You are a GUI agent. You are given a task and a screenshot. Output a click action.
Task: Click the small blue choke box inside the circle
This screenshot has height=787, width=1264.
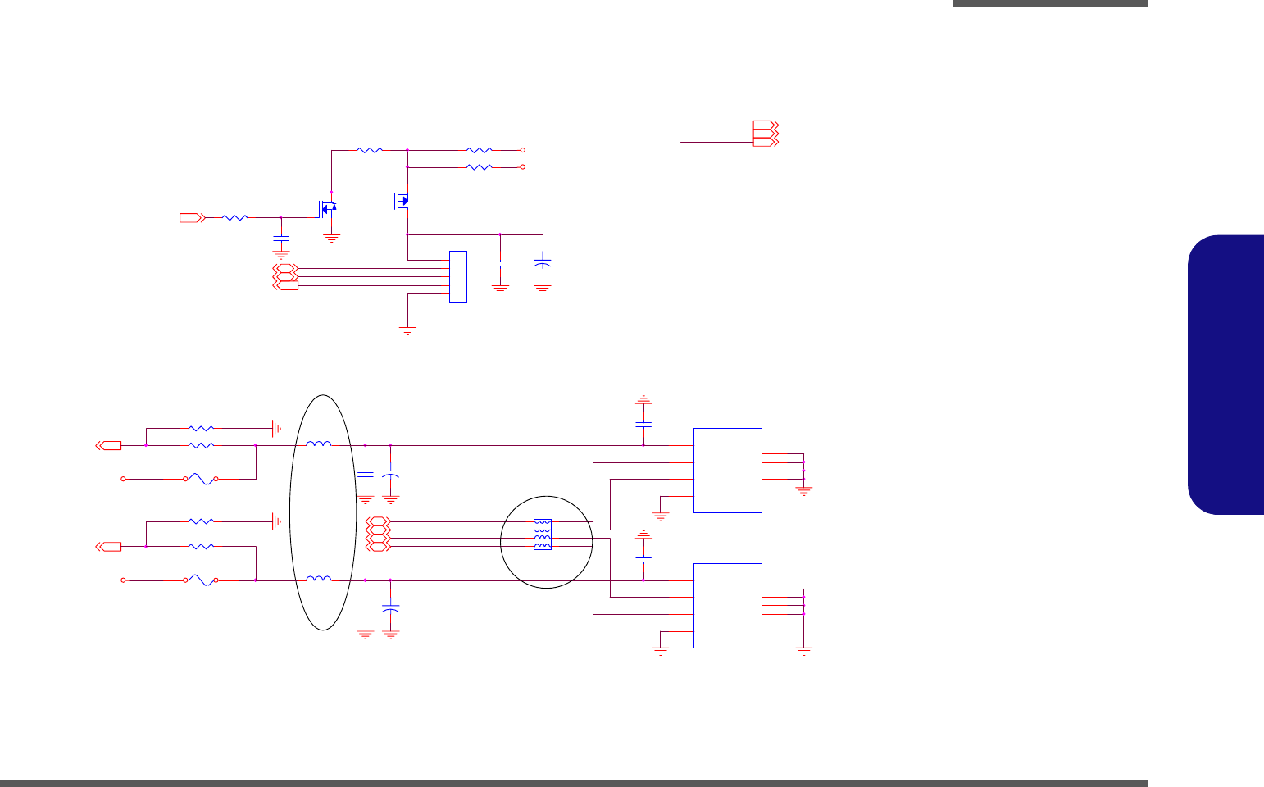coord(543,535)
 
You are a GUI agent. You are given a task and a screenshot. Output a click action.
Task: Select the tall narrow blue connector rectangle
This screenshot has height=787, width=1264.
coord(458,276)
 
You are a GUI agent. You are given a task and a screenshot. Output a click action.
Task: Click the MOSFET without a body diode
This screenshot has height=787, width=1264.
coord(403,200)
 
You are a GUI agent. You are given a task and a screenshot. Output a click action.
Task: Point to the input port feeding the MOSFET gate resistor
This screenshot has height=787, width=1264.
coord(191,217)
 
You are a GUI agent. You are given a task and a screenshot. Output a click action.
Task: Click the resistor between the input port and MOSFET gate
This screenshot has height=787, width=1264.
coord(235,217)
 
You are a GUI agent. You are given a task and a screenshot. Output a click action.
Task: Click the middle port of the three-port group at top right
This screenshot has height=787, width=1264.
coord(765,134)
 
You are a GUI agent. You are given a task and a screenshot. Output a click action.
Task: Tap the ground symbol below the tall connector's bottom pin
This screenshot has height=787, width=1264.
coord(407,330)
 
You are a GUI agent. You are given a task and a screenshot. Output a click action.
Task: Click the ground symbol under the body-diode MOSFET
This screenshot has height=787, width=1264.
coord(331,239)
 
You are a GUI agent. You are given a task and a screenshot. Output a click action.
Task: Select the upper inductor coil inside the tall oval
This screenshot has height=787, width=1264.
coord(319,444)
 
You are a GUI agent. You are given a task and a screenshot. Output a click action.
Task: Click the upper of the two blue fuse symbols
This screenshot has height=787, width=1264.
coord(201,479)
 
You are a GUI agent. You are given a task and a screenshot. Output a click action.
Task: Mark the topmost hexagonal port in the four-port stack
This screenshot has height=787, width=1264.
coord(378,521)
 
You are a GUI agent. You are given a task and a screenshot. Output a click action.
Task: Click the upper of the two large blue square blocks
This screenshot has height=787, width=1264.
coord(728,471)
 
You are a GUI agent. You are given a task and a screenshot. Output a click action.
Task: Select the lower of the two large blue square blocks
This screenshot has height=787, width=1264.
coord(728,606)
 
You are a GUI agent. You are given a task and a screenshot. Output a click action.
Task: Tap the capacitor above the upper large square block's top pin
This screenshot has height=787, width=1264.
coord(643,425)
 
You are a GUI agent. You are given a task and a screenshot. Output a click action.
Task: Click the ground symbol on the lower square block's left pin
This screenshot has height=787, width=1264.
coord(660,651)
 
